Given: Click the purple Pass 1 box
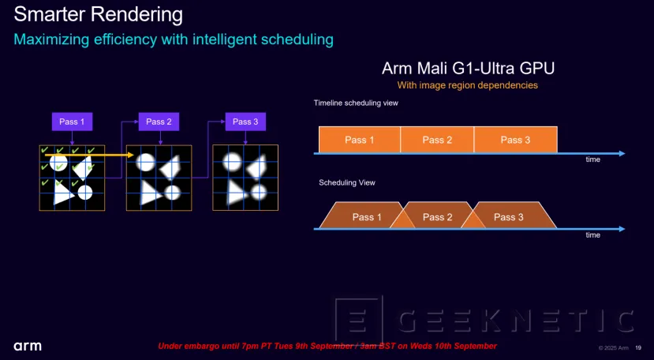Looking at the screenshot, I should pos(72,122).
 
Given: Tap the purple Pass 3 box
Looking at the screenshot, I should pos(245,122).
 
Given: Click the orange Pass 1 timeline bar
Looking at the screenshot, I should pos(359,140).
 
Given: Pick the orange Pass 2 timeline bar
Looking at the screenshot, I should pos(437,140).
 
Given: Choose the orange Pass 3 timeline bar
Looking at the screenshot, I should pos(516,140).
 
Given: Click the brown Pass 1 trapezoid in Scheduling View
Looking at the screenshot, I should pos(365,217).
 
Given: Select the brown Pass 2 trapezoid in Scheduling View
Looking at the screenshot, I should pos(437,217).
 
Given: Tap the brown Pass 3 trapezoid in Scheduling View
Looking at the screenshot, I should pos(509,217).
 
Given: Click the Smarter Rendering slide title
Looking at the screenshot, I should pos(98,14).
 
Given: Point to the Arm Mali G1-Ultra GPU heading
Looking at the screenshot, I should pos(473,69).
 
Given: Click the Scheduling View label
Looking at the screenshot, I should pos(347,182).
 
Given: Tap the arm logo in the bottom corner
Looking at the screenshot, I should pos(28,346).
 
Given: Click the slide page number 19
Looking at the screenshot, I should pos(639,347).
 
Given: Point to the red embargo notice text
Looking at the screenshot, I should pos(327,346).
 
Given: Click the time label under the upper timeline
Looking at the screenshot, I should pos(592,159).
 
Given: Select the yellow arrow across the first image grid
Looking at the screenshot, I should pos(87,156).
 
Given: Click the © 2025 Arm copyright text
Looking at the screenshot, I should pos(611,347).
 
